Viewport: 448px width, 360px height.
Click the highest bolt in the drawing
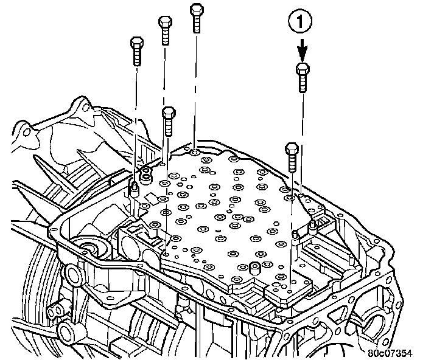196,17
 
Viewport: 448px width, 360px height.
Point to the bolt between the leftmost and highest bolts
165,30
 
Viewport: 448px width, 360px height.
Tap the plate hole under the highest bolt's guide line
193,147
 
